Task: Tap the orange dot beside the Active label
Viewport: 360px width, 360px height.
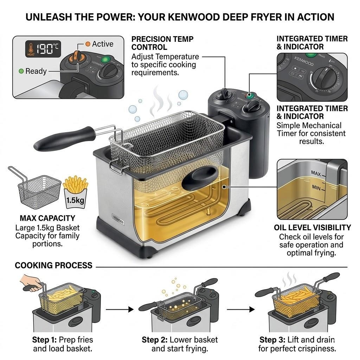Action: [88, 44]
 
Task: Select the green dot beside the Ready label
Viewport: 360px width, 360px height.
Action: [21, 71]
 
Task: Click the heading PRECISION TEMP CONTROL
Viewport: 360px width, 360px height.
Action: [162, 43]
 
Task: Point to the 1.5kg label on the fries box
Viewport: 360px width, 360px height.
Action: [75, 200]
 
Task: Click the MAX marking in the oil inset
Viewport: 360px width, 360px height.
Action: [316, 173]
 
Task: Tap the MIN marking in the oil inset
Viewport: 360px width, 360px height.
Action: [316, 188]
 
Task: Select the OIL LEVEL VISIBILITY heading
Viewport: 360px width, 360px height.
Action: [312, 227]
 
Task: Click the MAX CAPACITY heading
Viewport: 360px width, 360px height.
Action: [47, 218]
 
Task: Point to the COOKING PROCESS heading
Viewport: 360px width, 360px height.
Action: [53, 265]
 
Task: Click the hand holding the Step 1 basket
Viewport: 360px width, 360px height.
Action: [30, 283]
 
